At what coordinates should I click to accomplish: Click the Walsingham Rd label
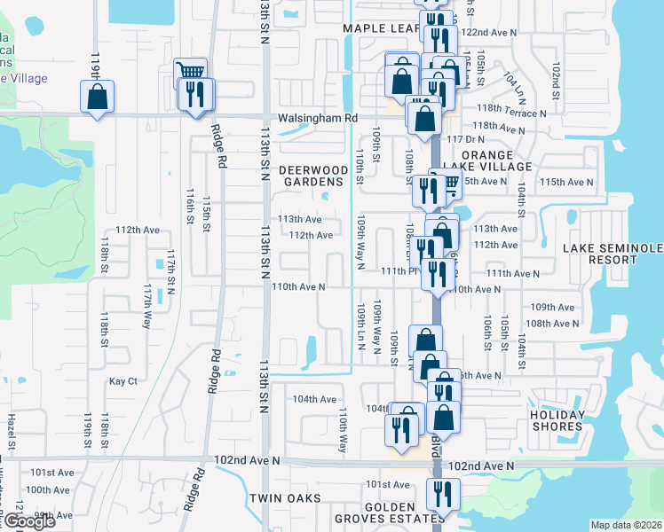point(315,117)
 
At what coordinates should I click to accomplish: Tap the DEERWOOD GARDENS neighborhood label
point(312,176)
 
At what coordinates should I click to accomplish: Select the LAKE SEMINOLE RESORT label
point(613,254)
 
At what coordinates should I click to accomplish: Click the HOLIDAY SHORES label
point(557,421)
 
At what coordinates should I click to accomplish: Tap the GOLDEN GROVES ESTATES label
point(389,512)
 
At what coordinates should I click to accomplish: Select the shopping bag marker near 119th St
point(98,96)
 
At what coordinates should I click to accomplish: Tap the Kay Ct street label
point(123,381)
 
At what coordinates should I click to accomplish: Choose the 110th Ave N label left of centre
point(298,287)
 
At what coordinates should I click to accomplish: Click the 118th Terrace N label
point(511,113)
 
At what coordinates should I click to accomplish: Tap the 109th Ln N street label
point(361,328)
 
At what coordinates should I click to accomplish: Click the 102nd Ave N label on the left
point(247,461)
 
